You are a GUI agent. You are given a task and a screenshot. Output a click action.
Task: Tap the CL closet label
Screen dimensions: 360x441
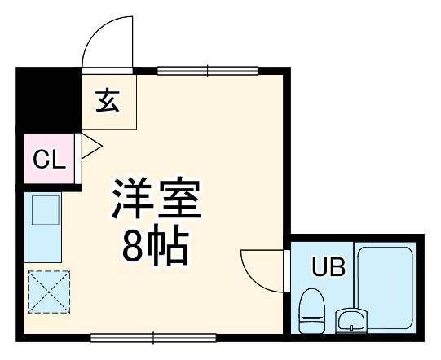(x=48, y=160)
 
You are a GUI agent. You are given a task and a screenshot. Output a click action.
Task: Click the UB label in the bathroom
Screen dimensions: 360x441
(x=324, y=266)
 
